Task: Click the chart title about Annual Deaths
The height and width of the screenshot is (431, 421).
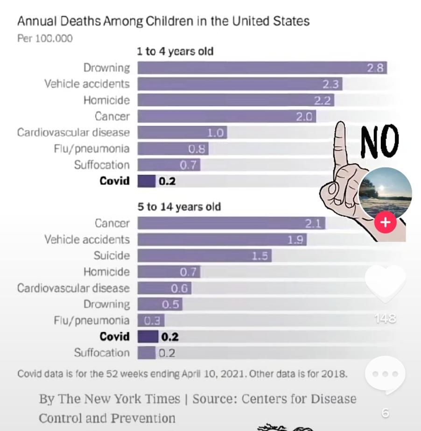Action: coord(163,21)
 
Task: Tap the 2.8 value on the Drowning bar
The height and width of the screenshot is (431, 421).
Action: coord(375,68)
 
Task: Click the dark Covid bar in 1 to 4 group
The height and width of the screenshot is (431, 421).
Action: coord(146,181)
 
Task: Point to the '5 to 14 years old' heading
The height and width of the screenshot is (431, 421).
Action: coord(179,207)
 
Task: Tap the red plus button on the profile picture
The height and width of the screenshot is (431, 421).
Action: coord(385,222)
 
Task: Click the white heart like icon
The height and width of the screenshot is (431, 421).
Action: coord(386,283)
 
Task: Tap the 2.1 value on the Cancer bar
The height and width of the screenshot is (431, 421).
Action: coord(313,224)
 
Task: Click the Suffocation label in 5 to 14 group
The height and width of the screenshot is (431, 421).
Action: coord(102,353)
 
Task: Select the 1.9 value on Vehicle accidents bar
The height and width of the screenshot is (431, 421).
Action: coord(295,240)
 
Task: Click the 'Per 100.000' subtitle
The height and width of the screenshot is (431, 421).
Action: coord(45,38)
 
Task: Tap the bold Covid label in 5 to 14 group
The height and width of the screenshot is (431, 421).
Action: coord(114,336)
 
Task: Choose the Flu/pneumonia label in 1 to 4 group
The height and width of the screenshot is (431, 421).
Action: coord(91,148)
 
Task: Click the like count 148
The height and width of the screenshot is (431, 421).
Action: coord(386,318)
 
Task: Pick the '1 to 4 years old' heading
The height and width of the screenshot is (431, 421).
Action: coord(175,51)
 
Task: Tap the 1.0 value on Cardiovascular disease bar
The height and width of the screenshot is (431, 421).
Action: coord(216,133)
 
